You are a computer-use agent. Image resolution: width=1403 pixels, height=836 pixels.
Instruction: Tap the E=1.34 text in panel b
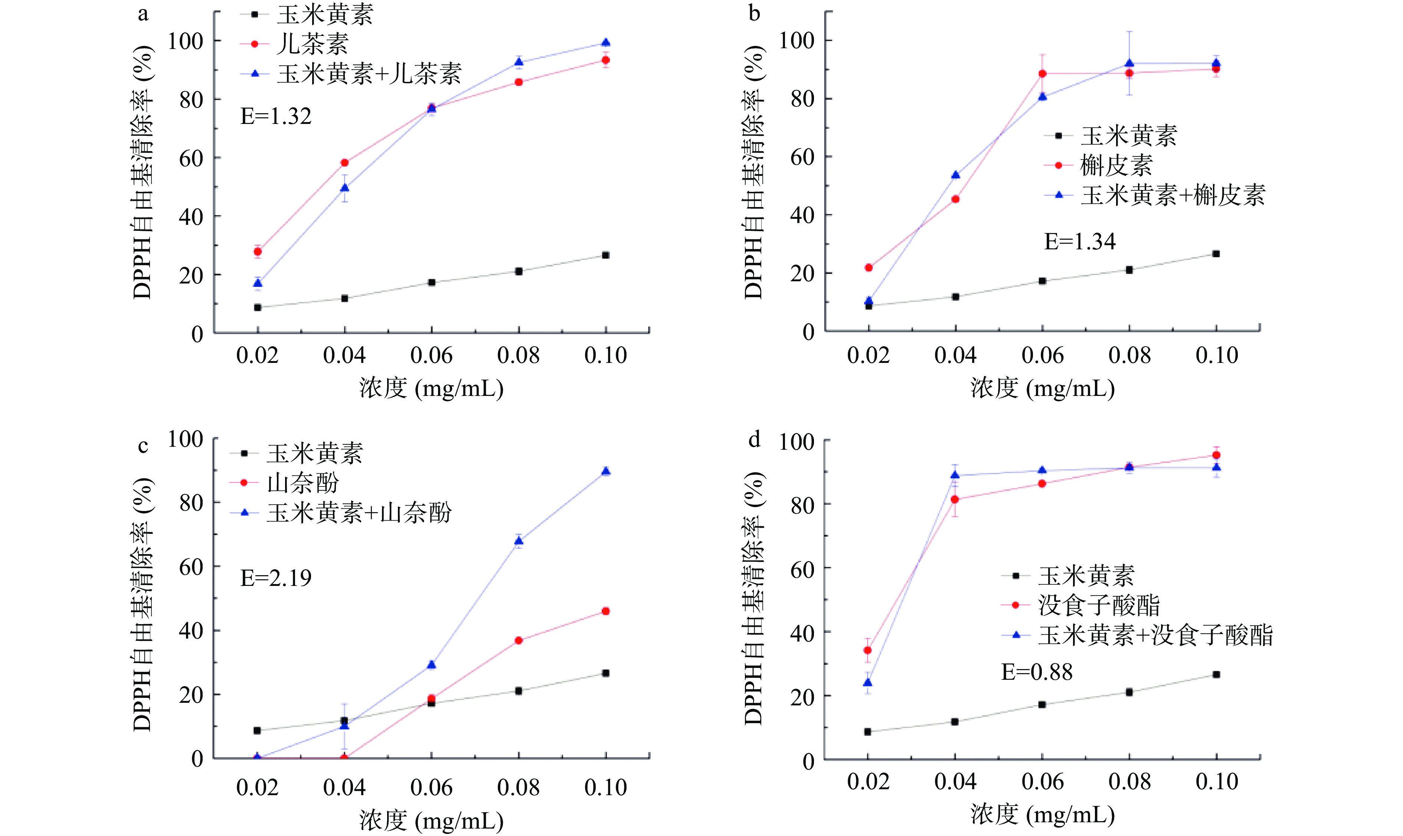pos(1080,241)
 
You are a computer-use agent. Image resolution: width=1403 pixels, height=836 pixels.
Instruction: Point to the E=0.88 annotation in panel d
pos(1037,672)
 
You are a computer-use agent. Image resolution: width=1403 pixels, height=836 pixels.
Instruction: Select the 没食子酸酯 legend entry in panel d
pos(1099,606)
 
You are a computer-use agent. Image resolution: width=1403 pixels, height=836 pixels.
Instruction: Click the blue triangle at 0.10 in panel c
pos(606,471)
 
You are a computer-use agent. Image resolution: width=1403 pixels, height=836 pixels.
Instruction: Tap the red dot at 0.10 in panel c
pos(606,611)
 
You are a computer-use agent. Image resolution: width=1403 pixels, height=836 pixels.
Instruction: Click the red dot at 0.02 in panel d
pos(868,650)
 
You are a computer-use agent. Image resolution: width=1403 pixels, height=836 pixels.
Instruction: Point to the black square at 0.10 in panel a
pos(606,255)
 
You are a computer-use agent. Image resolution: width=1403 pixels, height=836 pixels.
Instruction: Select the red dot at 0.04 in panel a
pos(344,163)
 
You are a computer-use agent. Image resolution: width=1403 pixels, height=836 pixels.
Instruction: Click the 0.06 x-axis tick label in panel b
pos(1042,355)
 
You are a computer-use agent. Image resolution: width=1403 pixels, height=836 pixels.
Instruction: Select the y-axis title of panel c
pos(143,604)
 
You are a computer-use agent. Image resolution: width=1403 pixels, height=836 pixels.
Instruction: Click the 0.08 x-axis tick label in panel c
pos(519,787)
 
